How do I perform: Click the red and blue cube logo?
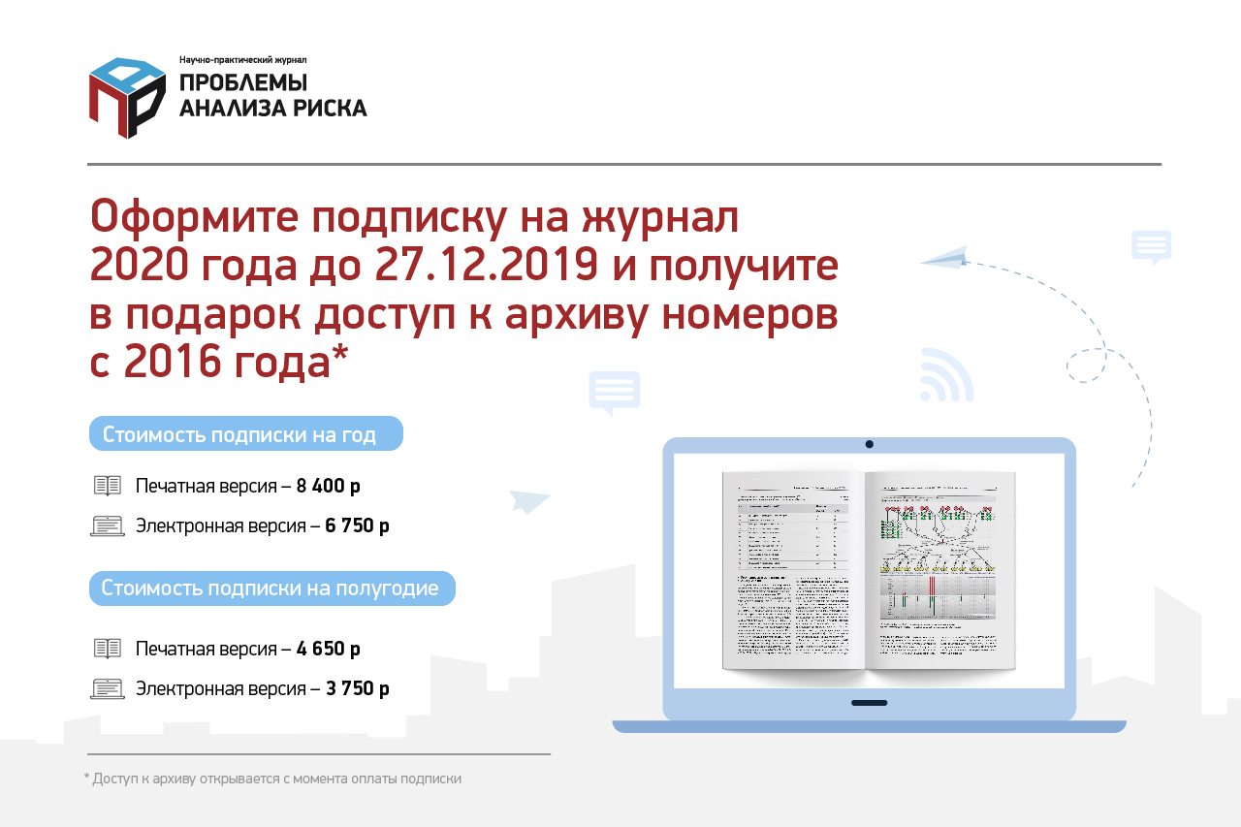point(127,97)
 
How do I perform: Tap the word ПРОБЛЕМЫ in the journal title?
point(243,82)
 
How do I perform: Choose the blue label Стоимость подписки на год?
point(245,433)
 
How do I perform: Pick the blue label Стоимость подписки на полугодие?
point(271,588)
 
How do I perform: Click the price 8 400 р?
point(329,486)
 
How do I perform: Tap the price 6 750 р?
point(358,526)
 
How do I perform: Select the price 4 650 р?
point(329,649)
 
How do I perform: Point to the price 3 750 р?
point(358,689)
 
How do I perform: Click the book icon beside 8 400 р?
point(108,486)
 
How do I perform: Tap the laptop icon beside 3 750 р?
point(108,689)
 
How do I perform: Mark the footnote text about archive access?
point(272,778)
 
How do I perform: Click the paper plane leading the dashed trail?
point(944,256)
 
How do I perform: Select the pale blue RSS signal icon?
point(945,376)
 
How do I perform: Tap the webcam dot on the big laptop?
point(870,444)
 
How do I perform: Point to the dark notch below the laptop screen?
point(870,703)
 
